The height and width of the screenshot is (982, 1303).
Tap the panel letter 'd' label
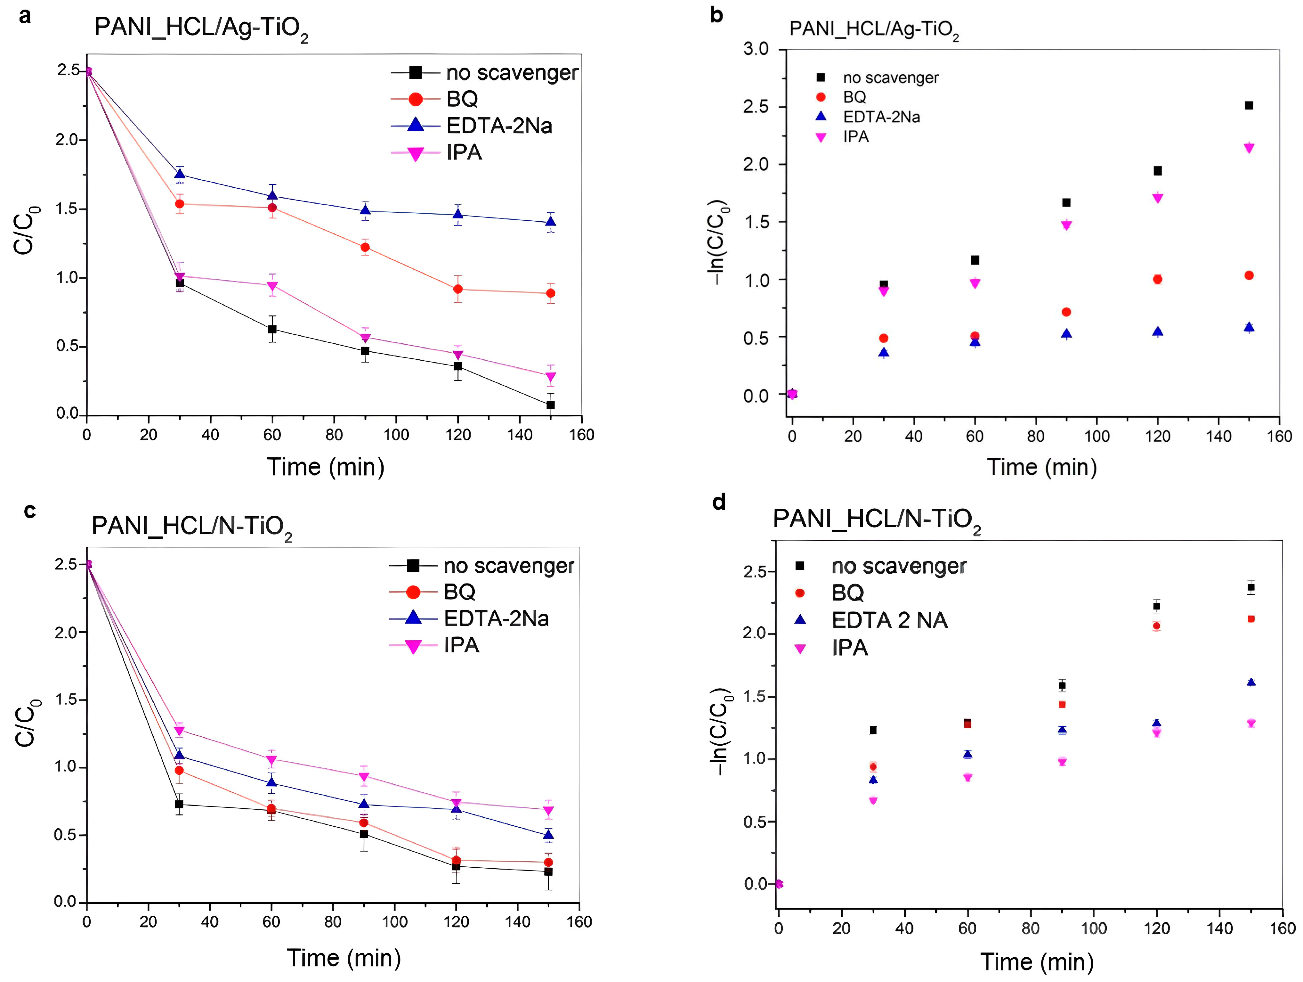click(719, 502)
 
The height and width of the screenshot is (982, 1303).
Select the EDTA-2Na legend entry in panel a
click(498, 126)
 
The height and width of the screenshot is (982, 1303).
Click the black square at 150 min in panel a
click(550, 405)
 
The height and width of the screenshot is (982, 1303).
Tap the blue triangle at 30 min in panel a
click(180, 174)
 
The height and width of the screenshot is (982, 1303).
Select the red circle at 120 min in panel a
click(458, 290)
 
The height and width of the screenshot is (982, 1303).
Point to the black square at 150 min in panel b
click(1248, 105)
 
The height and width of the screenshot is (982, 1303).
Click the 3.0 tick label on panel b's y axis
click(756, 49)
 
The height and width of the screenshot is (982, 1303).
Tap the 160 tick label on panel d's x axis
click(1282, 929)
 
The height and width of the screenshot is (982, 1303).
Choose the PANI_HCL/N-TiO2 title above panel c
click(191, 526)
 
